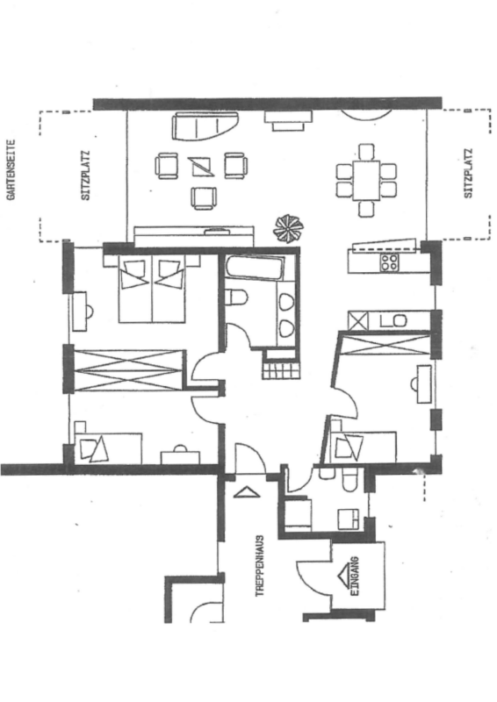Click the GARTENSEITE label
(x=11, y=169)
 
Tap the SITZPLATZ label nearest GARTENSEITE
(x=85, y=175)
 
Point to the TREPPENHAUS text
(x=260, y=565)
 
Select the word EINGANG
(x=355, y=577)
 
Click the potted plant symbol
(x=288, y=227)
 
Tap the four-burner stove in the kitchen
(x=389, y=261)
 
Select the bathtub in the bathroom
(x=255, y=268)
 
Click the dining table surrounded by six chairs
(x=366, y=181)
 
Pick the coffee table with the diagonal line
(x=201, y=167)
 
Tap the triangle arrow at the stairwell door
(x=247, y=492)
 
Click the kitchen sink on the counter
(x=393, y=320)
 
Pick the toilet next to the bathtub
(x=236, y=297)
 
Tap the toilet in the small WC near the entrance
(x=349, y=479)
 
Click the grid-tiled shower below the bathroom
(x=280, y=370)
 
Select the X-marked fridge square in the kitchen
(x=358, y=321)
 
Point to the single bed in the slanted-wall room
(x=363, y=448)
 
